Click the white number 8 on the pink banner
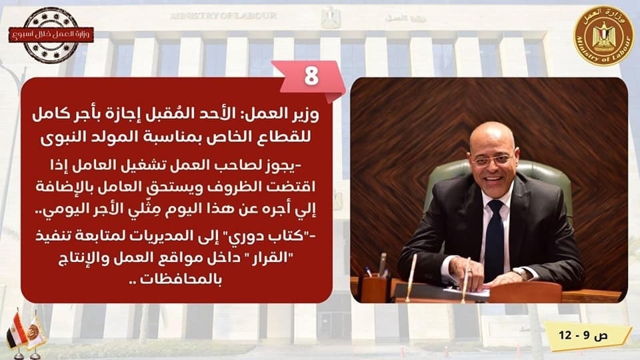point(311,75)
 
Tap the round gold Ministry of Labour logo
point(604,36)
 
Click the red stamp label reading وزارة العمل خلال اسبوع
point(51,35)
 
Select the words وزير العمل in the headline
point(283,114)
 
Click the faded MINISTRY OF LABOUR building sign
point(223,16)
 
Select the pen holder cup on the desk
point(374,288)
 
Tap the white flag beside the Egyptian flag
point(35,330)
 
